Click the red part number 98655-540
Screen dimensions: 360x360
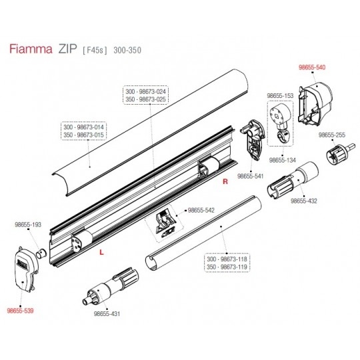tap(312, 67)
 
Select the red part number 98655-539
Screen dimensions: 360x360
tap(20, 311)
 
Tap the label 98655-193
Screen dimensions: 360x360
tap(28, 225)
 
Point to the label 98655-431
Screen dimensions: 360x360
tap(107, 313)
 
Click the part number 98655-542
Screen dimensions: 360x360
tap(201, 210)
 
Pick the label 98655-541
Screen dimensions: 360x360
tap(251, 176)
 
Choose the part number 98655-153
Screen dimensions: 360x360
tap(280, 96)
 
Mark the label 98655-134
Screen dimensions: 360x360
tap(283, 160)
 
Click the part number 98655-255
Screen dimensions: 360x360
tap(332, 135)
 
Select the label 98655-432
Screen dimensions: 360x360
tap(304, 201)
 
